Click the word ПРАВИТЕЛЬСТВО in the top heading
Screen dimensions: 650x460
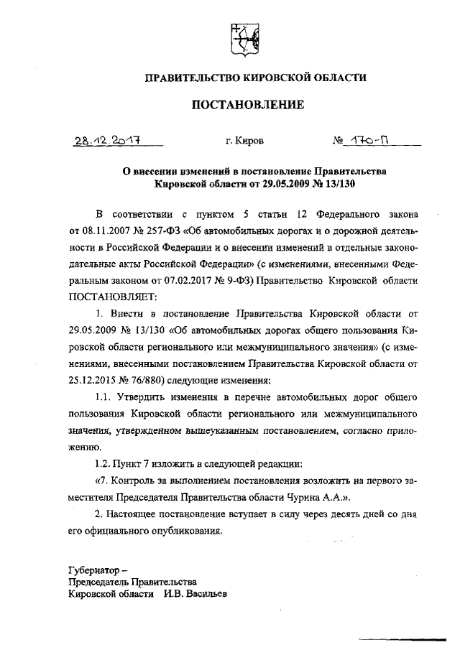point(192,77)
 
